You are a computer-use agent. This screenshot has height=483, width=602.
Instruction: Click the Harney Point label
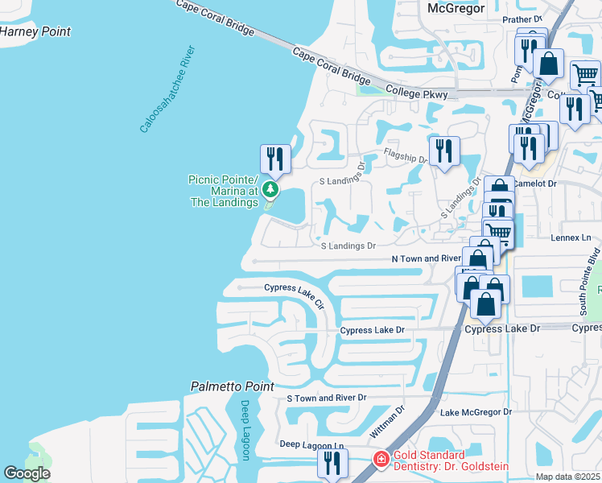[35, 32]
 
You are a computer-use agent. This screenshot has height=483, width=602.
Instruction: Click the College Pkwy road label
[415, 92]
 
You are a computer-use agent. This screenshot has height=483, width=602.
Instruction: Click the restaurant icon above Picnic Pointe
[275, 158]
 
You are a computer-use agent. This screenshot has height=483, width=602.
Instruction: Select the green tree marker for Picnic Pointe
[271, 190]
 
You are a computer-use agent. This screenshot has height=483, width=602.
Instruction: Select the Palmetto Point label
[232, 387]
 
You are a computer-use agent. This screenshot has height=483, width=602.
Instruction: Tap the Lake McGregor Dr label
[476, 412]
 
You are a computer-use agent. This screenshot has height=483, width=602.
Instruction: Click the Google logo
[27, 473]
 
